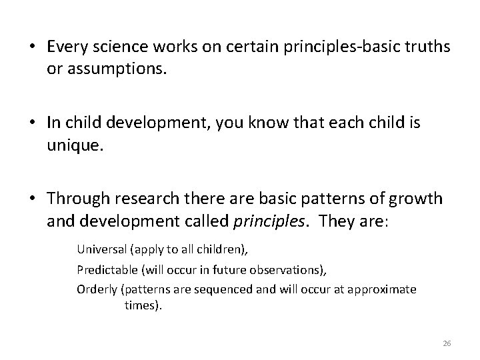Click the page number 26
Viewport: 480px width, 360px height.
(447, 343)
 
